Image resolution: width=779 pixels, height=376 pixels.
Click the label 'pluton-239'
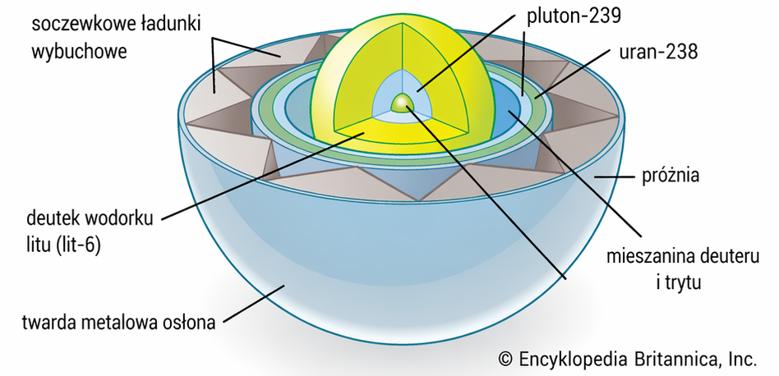(574, 16)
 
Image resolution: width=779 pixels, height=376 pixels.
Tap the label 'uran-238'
(657, 51)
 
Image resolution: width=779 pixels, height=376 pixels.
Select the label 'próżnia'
(671, 175)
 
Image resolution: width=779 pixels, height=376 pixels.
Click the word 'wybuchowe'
(79, 51)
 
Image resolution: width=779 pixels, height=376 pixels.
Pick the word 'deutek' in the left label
(53, 218)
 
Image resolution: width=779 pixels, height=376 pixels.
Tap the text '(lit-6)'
(76, 245)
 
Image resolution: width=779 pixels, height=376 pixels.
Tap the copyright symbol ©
(505, 359)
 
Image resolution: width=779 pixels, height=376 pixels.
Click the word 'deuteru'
(730, 256)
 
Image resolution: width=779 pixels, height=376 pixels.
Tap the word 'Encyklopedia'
(574, 359)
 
